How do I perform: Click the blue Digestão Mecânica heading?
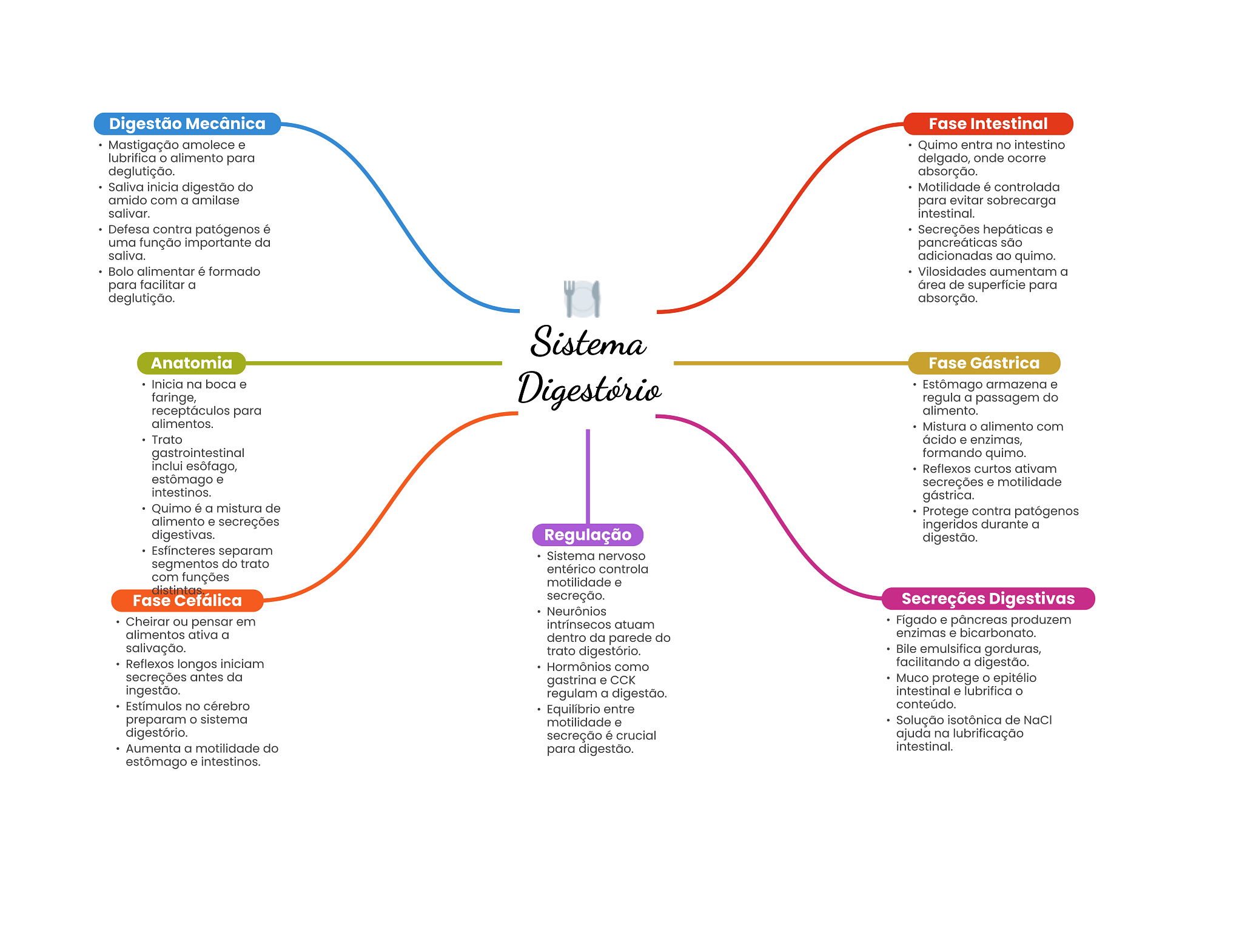[x=187, y=124]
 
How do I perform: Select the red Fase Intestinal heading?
[x=988, y=124]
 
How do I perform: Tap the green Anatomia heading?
[x=192, y=363]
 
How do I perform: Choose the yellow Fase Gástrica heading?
[x=984, y=363]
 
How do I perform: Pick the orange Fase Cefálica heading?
[x=187, y=601]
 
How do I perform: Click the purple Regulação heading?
[x=588, y=535]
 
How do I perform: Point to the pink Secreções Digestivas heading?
[x=988, y=598]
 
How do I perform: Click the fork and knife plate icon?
[x=582, y=299]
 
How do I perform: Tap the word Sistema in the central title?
[x=588, y=342]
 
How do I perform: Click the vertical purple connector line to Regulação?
[x=588, y=476]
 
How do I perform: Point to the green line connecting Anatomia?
[x=374, y=363]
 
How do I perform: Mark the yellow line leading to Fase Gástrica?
[x=791, y=363]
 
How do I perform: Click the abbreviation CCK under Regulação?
[x=623, y=680]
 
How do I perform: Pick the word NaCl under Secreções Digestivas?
[x=1038, y=720]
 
